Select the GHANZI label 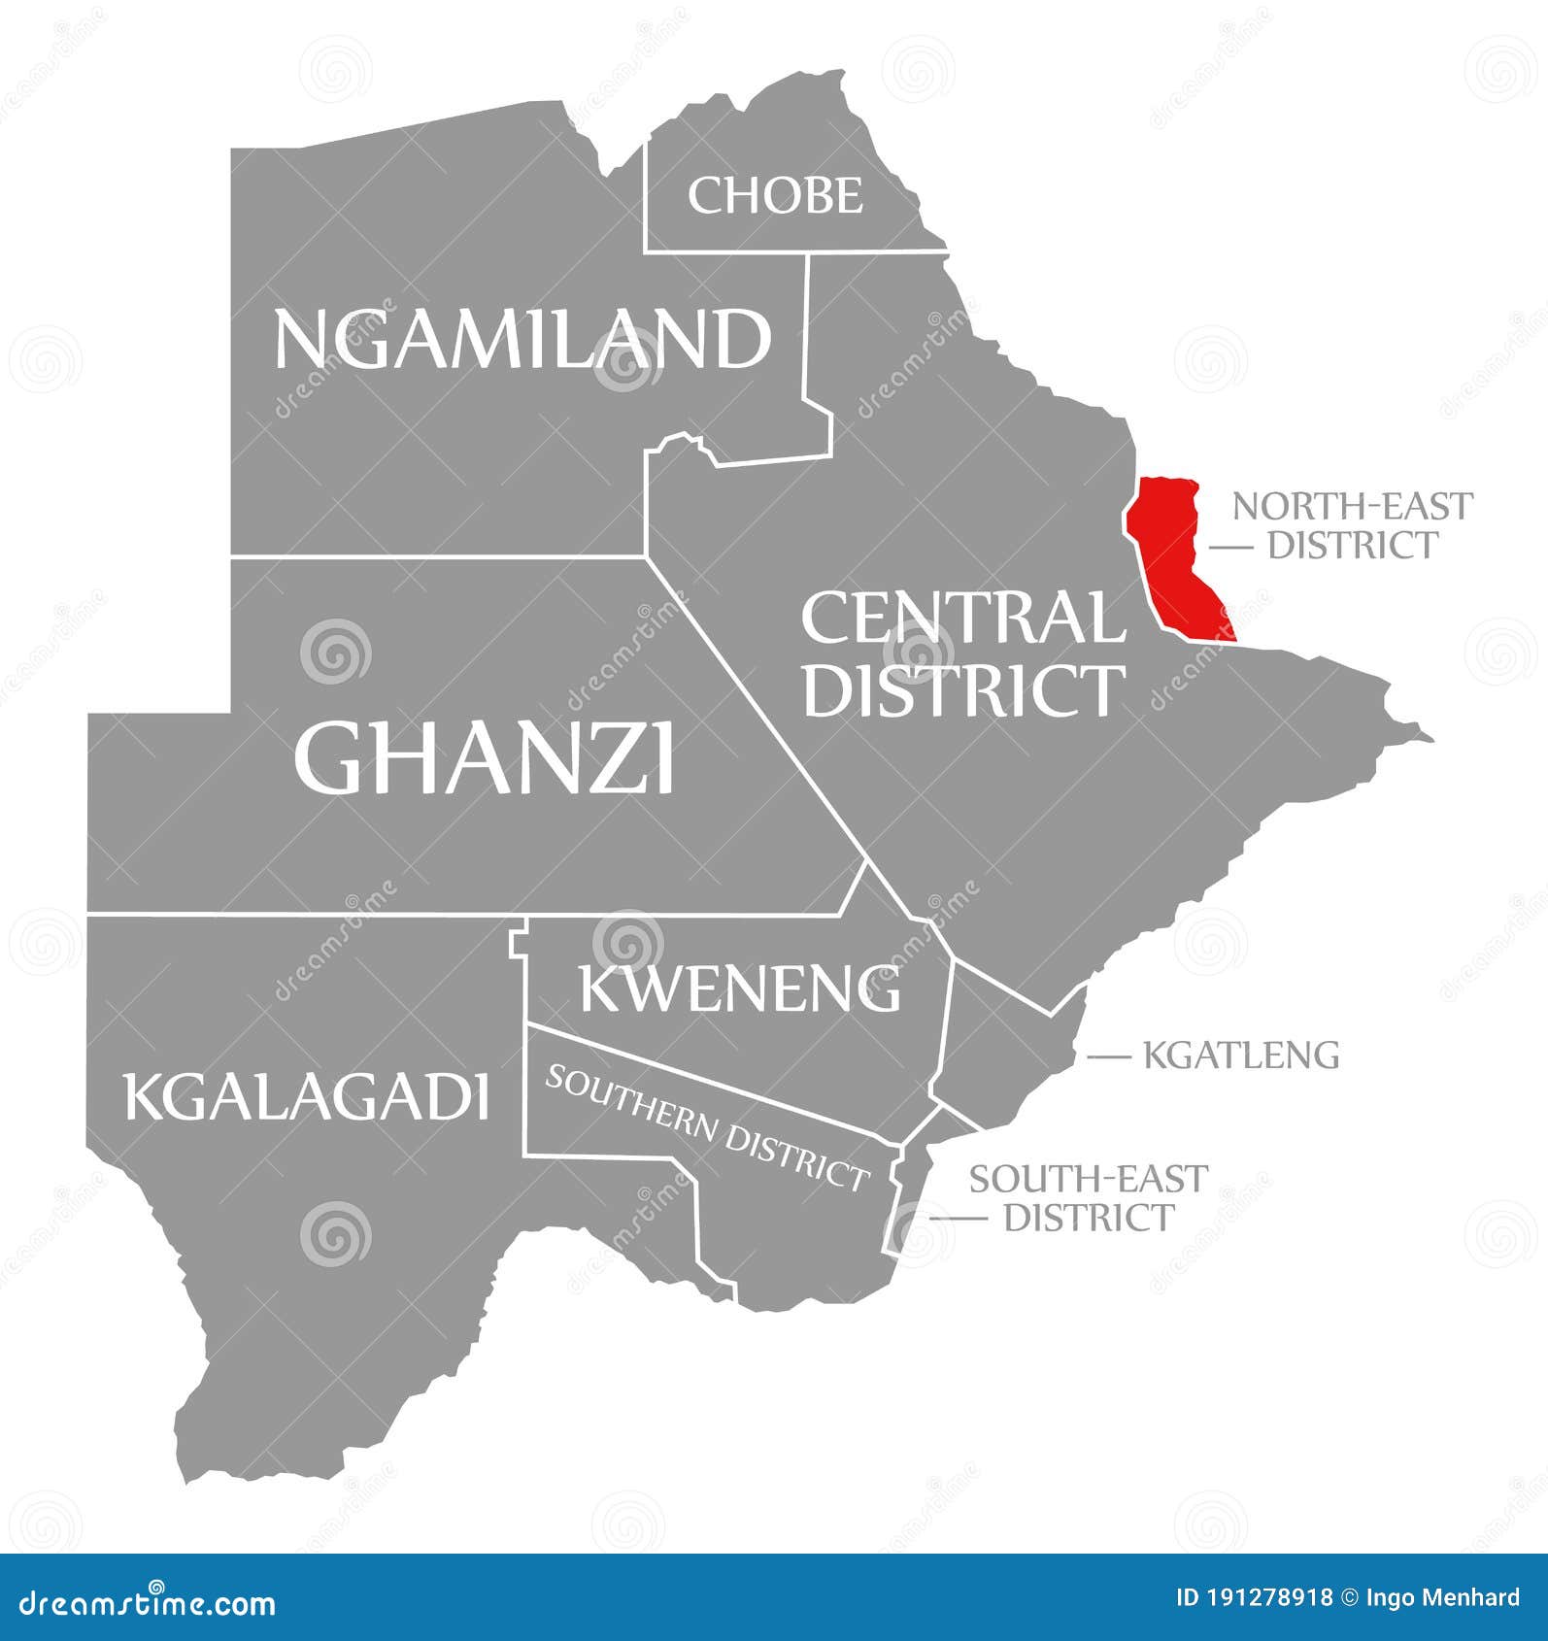(x=484, y=757)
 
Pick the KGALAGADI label (x=306, y=1097)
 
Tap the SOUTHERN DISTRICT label (x=706, y=1127)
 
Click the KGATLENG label (x=1241, y=1055)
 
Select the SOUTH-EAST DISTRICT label (x=1088, y=1197)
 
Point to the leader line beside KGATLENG (x=1110, y=1055)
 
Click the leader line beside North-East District (x=1230, y=548)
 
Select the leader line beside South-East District (x=956, y=1218)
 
